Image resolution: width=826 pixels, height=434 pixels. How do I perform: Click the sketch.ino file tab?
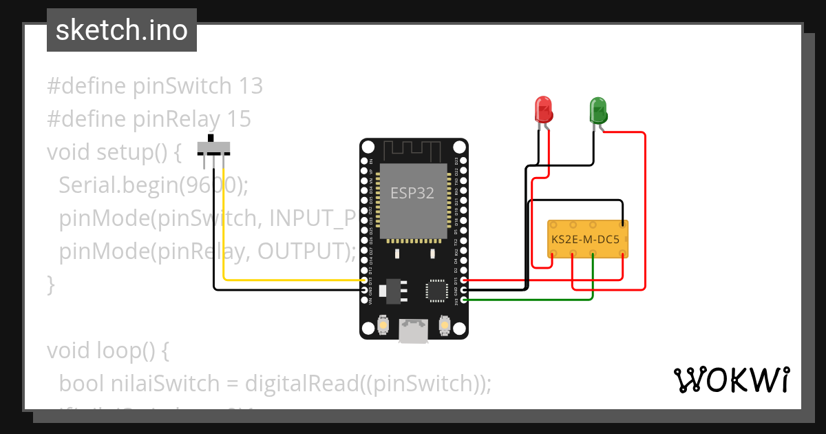coord(121,30)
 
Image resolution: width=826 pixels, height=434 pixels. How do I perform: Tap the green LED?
coord(597,110)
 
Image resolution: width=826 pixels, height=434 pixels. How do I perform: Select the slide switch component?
coord(213,148)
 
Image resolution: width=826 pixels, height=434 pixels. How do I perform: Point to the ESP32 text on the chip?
coord(413,193)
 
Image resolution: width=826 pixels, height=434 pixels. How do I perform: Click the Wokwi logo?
coord(730,380)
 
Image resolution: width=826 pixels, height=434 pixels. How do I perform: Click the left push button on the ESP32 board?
coord(383,324)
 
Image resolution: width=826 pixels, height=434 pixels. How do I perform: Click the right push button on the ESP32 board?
coord(444,324)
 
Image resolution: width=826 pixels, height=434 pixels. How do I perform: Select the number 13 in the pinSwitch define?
coord(251,86)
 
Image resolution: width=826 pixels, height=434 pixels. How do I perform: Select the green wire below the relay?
coord(530,300)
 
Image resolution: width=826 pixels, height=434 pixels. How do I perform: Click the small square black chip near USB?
coord(436,290)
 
